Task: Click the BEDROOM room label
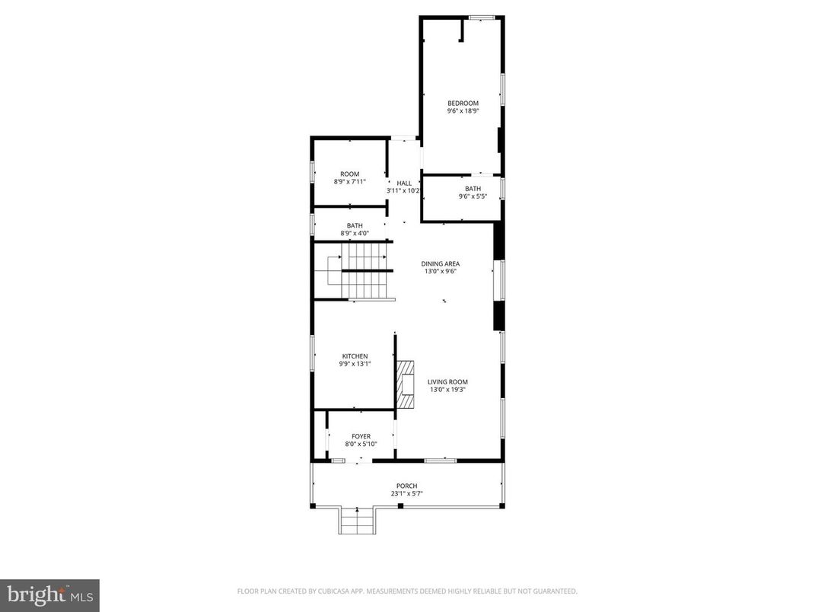coord(463,104)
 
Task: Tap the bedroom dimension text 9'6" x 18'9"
coord(463,111)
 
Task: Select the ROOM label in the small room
coord(350,174)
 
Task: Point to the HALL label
coord(404,183)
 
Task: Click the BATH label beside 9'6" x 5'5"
coord(473,189)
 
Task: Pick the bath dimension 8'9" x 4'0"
coord(355,233)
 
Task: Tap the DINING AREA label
coord(441,264)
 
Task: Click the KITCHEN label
coord(355,356)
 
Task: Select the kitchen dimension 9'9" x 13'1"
coord(355,364)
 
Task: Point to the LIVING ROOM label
coord(447,382)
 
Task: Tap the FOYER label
coord(361,437)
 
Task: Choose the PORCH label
coord(406,486)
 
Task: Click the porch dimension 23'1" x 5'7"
coord(406,494)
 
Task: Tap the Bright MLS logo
coord(50,595)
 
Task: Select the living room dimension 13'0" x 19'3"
coord(447,390)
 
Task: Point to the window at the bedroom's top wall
coord(482,18)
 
